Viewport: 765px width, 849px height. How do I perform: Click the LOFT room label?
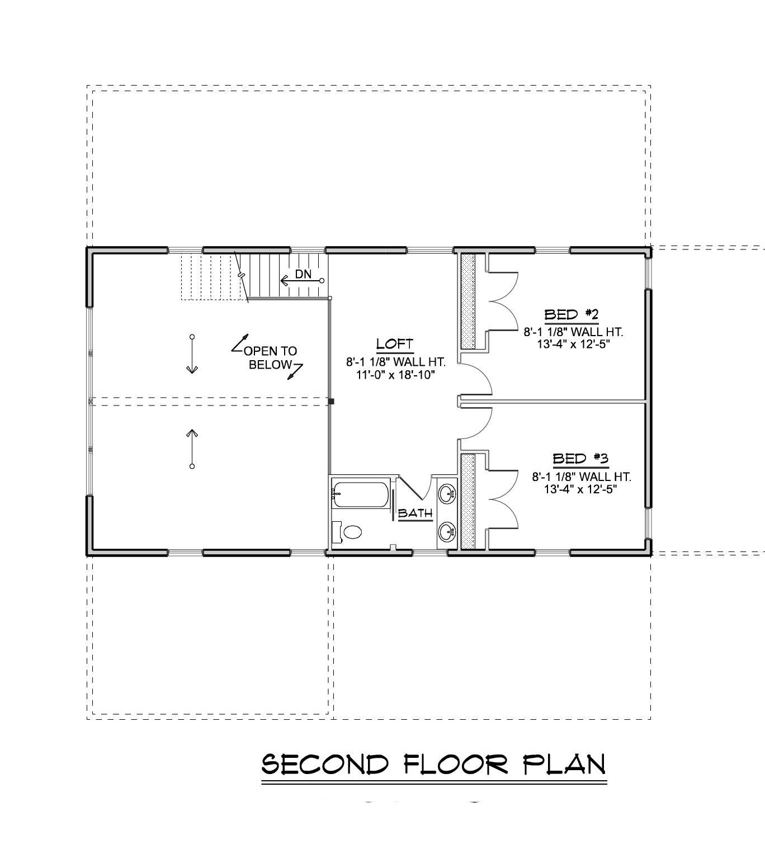tap(395, 343)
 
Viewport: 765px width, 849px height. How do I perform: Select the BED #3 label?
tap(580, 459)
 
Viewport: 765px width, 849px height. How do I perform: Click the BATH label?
tap(415, 512)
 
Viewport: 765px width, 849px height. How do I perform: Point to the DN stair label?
tap(303, 274)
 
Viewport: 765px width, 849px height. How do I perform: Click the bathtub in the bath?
tap(360, 494)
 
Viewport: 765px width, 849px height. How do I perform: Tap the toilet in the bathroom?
tap(352, 531)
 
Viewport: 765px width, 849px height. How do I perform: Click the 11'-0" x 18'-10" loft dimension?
tap(395, 375)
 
